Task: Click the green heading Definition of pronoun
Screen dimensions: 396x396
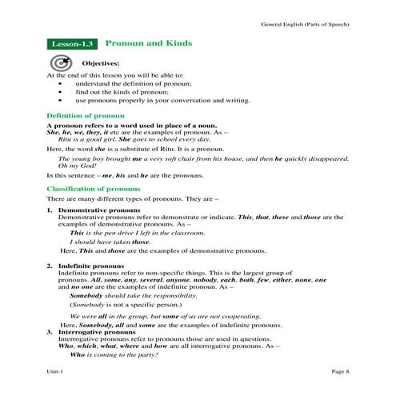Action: click(80, 116)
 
